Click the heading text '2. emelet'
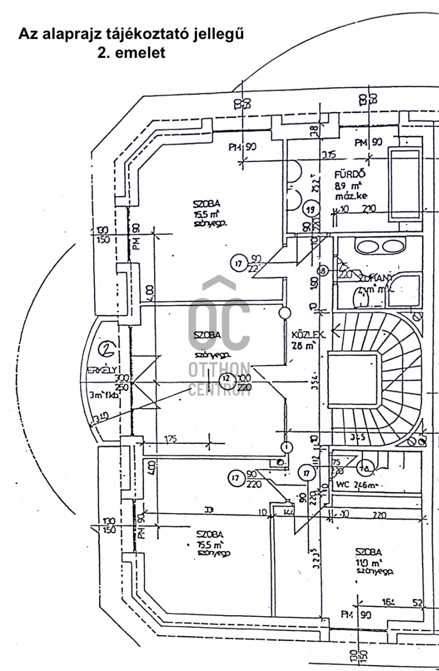131,53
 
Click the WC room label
342,485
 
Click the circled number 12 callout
227,379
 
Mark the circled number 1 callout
287,447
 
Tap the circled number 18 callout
323,271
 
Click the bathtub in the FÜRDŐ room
405,185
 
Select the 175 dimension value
171,439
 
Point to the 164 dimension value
389,603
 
